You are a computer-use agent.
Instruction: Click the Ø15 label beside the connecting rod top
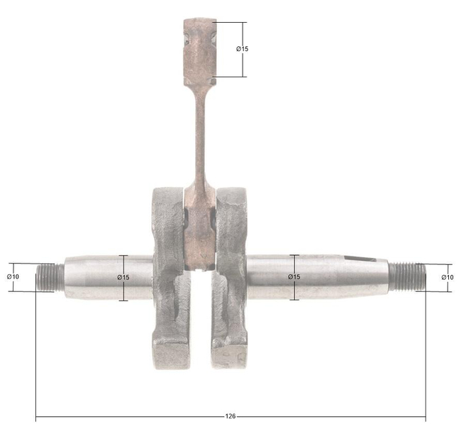click(242, 49)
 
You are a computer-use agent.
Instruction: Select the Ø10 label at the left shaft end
click(13, 276)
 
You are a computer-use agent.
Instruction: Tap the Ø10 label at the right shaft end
click(447, 276)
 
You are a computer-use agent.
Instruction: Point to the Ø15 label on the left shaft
click(123, 277)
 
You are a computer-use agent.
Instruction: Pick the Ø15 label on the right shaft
click(294, 277)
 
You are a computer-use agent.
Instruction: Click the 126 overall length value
click(230, 416)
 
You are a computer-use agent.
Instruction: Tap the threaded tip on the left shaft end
click(47, 276)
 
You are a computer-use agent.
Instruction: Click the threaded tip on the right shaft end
click(407, 276)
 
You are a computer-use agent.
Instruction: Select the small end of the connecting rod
click(199, 46)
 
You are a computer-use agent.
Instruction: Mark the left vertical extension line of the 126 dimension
click(36, 355)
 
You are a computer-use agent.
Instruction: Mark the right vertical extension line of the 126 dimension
click(426, 355)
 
